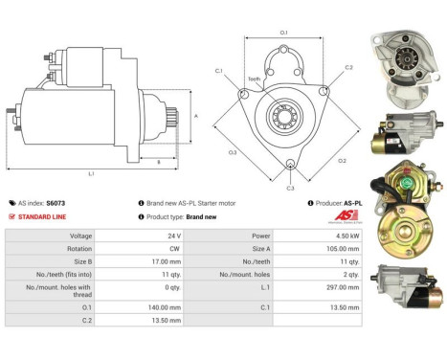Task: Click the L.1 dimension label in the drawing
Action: [91, 174]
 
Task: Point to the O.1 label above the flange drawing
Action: [283, 34]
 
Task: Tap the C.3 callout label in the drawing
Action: [290, 189]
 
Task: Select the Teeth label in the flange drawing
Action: [255, 79]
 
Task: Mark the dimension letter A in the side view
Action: [196, 115]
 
